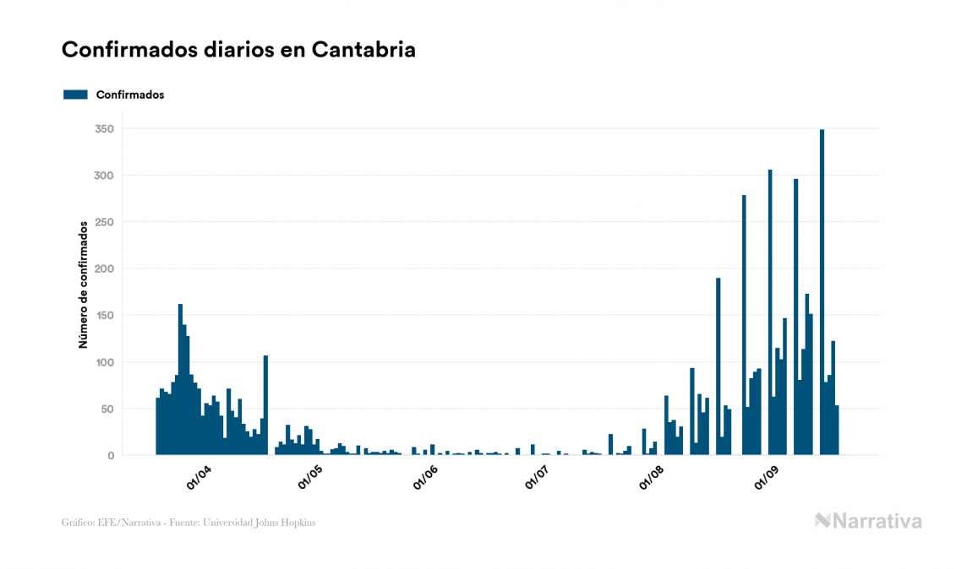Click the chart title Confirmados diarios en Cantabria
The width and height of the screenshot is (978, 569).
pos(238,50)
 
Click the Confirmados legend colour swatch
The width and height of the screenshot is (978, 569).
pos(75,95)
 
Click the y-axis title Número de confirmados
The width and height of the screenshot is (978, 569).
pos(84,285)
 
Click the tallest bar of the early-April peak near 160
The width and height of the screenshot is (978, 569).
pos(180,380)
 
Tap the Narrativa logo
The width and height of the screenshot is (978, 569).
pos(868,521)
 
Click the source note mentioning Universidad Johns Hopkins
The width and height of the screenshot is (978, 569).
pos(188,523)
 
